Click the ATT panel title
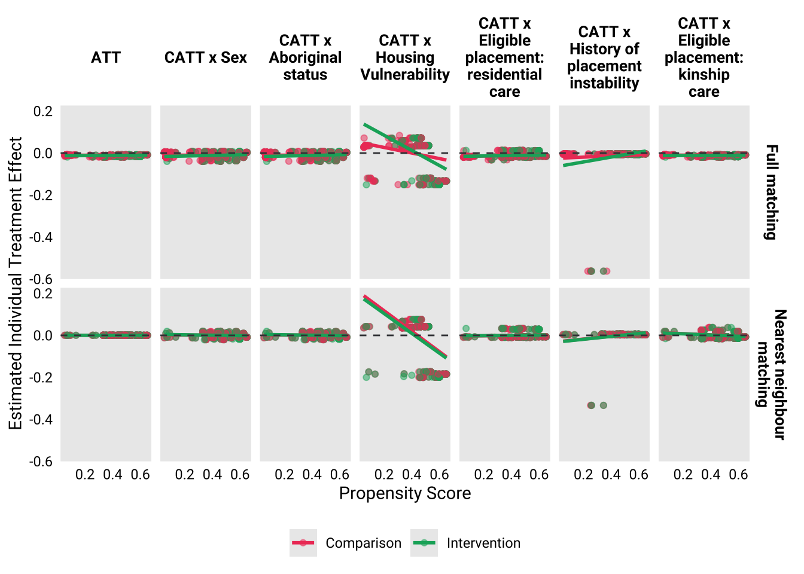(x=106, y=58)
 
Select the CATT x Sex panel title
(x=205, y=58)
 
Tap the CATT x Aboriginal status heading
(x=305, y=58)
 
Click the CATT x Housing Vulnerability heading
(x=405, y=58)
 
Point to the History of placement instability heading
(x=604, y=58)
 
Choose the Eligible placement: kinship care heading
(x=704, y=58)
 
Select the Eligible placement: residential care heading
(x=504, y=58)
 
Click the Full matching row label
(x=772, y=192)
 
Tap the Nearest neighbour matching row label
(x=772, y=374)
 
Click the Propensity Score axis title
(x=405, y=493)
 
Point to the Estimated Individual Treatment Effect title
(x=16, y=283)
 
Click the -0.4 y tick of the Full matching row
(x=42, y=237)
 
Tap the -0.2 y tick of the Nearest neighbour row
(x=42, y=377)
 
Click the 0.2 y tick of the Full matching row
(x=42, y=111)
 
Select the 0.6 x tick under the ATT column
(x=141, y=475)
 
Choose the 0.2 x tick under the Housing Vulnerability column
(x=384, y=475)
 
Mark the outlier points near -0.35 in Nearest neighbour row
(x=597, y=405)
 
